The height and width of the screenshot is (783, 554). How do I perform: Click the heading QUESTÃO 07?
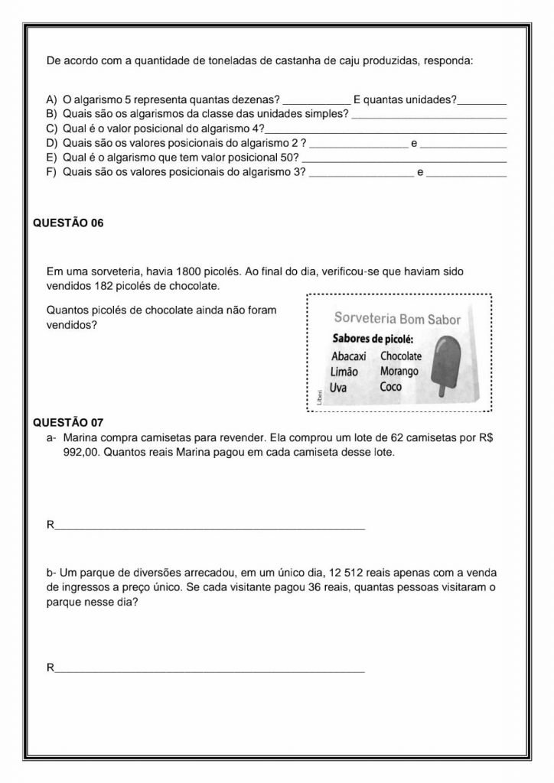tap(69, 422)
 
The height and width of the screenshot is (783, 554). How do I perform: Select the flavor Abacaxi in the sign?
tap(350, 356)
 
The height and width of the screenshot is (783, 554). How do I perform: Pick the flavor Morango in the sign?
tap(399, 371)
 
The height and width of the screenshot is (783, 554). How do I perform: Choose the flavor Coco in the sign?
tap(390, 386)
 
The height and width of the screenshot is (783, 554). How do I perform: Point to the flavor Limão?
tap(344, 372)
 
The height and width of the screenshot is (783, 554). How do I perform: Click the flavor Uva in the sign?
tap(338, 388)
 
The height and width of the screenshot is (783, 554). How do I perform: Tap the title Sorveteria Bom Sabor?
tap(397, 319)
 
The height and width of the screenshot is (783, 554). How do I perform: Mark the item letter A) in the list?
tap(53, 99)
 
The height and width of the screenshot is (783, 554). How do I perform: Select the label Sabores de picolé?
tap(372, 339)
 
